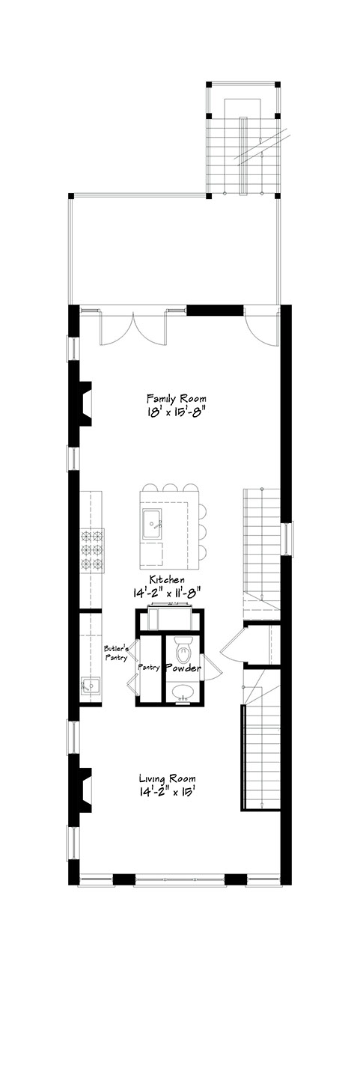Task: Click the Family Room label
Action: [x=177, y=398]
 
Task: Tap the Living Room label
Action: [x=168, y=778]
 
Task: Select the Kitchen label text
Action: [x=167, y=579]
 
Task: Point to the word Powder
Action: [x=183, y=668]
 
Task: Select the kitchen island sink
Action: [x=152, y=524]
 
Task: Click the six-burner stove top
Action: [x=91, y=549]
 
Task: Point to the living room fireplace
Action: [x=82, y=790]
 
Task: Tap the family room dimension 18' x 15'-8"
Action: [x=177, y=412]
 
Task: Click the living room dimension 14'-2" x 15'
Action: [x=166, y=792]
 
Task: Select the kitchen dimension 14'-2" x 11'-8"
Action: [x=166, y=592]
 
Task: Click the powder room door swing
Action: [x=208, y=665]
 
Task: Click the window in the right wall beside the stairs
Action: [x=288, y=539]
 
